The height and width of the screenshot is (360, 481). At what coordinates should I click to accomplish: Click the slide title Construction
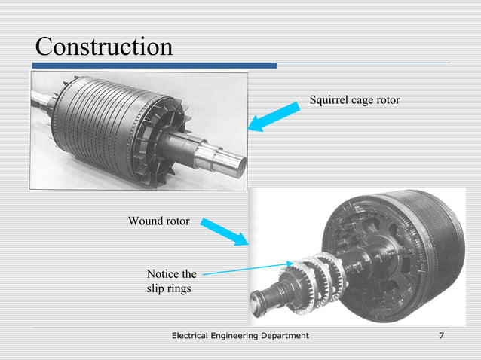point(104,47)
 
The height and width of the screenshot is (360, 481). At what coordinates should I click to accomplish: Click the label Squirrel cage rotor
point(354,100)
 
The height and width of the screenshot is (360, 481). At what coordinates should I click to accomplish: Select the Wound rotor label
point(158,221)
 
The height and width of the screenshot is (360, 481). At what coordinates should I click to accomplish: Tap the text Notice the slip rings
point(171,281)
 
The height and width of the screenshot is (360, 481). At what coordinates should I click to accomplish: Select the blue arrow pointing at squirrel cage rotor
point(276,117)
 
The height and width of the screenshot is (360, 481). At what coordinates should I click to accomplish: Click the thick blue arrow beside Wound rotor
point(225,231)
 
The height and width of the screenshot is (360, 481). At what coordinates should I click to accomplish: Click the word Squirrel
point(328,100)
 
